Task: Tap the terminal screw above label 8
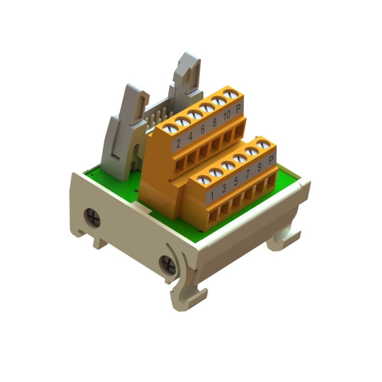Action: click(x=207, y=108)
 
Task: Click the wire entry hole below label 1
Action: click(x=212, y=217)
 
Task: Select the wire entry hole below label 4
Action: click(x=191, y=157)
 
